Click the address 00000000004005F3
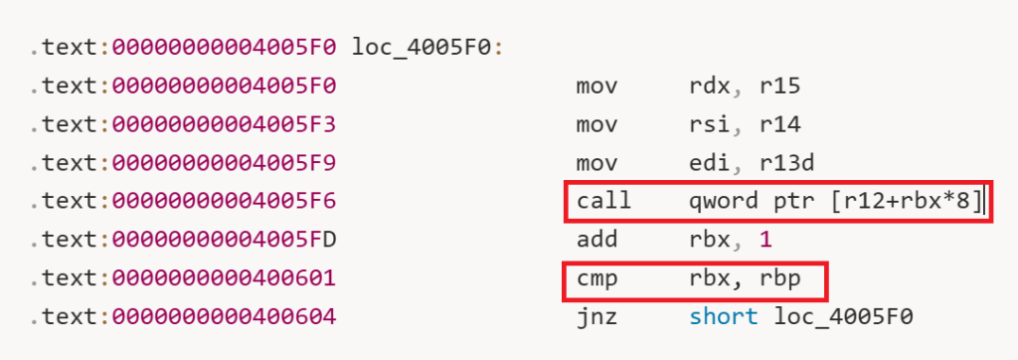(x=224, y=124)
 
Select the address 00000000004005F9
(x=224, y=162)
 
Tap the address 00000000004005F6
(x=224, y=202)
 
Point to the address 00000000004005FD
(x=224, y=240)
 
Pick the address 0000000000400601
(x=224, y=278)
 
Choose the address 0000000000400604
(x=224, y=317)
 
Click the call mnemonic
(x=603, y=202)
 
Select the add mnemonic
(x=596, y=240)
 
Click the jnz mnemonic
(x=596, y=318)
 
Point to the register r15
(x=779, y=86)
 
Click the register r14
(x=779, y=124)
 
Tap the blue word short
(x=724, y=317)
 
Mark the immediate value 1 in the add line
(x=765, y=240)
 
